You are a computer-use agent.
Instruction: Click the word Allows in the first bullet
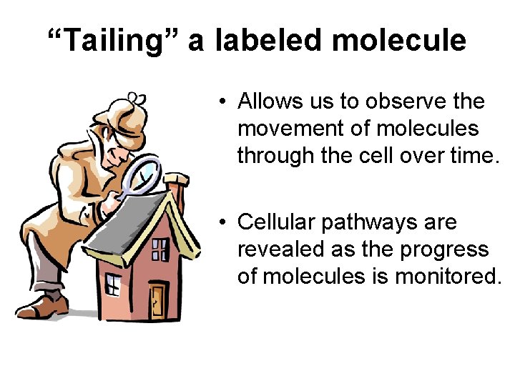pos(272,102)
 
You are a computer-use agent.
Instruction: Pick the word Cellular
pos(276,223)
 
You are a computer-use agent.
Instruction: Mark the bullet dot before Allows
pos(224,102)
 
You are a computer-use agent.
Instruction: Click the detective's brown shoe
pos(43,306)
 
